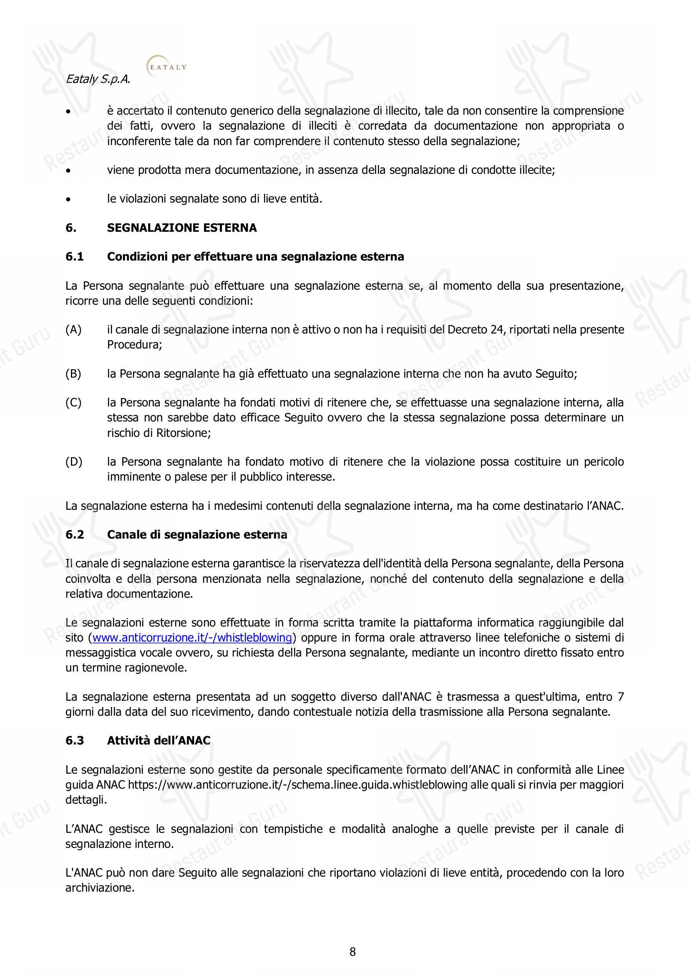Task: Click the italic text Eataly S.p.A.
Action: pyautogui.click(x=98, y=80)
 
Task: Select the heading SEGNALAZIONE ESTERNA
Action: pyautogui.click(x=182, y=228)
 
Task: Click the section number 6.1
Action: pyautogui.click(x=75, y=257)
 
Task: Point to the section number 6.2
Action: pyautogui.click(x=75, y=535)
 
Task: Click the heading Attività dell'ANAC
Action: pyautogui.click(x=159, y=741)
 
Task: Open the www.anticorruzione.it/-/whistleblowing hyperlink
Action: pyautogui.click(x=192, y=638)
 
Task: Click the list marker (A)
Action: pyautogui.click(x=73, y=330)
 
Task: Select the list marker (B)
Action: pyautogui.click(x=73, y=374)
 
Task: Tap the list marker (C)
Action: pyautogui.click(x=73, y=403)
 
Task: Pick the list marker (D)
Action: pyautogui.click(x=73, y=461)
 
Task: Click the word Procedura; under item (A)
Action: pyautogui.click(x=135, y=345)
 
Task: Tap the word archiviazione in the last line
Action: pyautogui.click(x=100, y=888)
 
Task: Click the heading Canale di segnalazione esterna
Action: pyautogui.click(x=197, y=535)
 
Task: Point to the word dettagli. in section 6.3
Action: pyautogui.click(x=86, y=800)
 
